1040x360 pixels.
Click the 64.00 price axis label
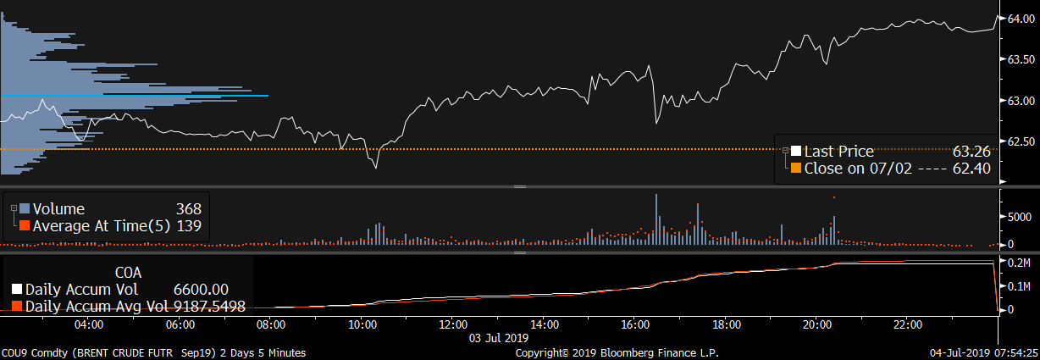click(1019, 18)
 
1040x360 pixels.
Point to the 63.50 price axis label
click(1019, 59)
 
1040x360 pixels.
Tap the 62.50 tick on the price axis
click(1019, 141)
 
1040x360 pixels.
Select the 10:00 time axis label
click(362, 324)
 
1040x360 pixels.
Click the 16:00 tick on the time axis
click(635, 324)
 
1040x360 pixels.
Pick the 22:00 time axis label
click(908, 324)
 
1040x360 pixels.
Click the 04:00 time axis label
click(89, 324)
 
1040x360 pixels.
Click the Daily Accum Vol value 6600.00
click(201, 290)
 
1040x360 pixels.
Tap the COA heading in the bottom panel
click(128, 273)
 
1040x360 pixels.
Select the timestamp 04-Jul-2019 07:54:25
click(982, 352)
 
